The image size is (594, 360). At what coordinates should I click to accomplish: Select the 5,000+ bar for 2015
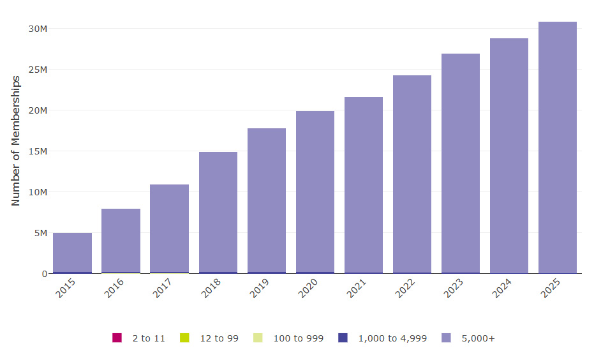tap(72, 253)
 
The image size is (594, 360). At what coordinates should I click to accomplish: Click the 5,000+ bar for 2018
tap(218, 212)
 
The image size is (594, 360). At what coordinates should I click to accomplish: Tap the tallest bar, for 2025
tap(558, 147)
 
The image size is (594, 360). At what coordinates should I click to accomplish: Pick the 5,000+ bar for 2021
tap(364, 185)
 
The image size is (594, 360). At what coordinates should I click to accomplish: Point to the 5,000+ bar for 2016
tap(121, 241)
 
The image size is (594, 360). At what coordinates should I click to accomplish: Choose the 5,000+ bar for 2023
tap(461, 163)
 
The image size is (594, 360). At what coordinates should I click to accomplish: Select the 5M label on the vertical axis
tap(40, 233)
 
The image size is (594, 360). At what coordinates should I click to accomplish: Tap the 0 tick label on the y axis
tap(45, 274)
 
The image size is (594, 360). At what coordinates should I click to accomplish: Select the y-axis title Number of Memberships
tap(16, 140)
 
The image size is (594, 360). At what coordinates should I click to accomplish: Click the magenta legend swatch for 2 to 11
tap(117, 338)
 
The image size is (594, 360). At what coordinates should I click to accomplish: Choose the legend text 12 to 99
tap(219, 338)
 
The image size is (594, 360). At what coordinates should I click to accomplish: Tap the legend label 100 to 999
tap(298, 338)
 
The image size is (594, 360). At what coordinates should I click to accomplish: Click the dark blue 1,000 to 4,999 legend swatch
tap(343, 338)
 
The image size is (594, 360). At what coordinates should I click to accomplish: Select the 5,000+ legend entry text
tap(478, 338)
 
